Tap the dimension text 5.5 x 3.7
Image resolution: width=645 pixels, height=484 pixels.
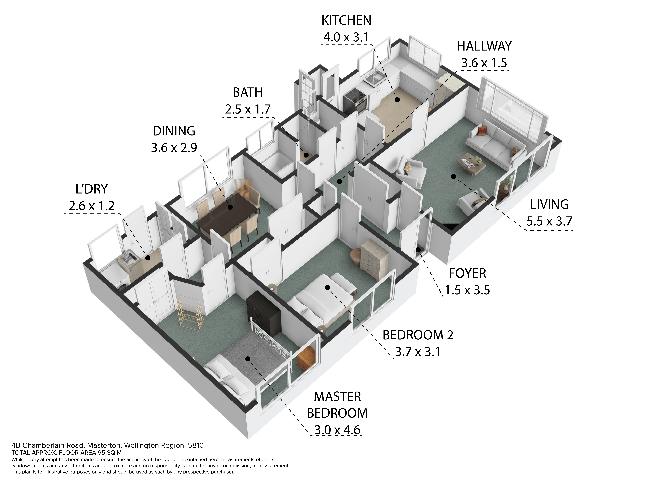549,221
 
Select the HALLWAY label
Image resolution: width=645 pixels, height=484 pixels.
484,46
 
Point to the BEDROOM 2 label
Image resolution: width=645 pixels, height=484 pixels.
418,335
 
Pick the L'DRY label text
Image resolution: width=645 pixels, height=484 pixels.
92,189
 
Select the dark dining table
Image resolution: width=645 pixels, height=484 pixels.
227,211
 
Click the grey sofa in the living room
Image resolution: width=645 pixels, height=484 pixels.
496,144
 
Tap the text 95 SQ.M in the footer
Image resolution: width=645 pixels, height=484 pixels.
110,452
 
